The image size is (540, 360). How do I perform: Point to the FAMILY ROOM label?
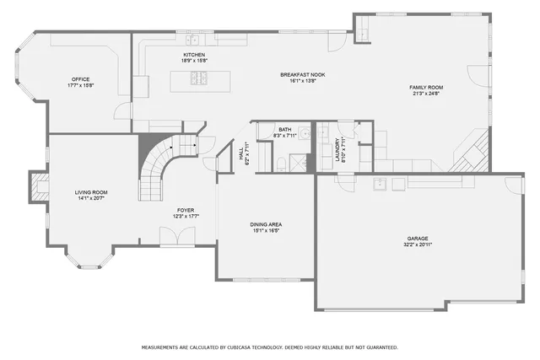(x=426, y=87)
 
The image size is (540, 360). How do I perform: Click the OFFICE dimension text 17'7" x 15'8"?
(x=81, y=86)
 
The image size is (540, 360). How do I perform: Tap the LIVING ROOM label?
(x=91, y=192)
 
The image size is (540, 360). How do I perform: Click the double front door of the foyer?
(x=177, y=239)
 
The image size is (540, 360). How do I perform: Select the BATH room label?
(x=284, y=130)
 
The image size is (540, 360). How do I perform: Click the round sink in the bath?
(x=305, y=133)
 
